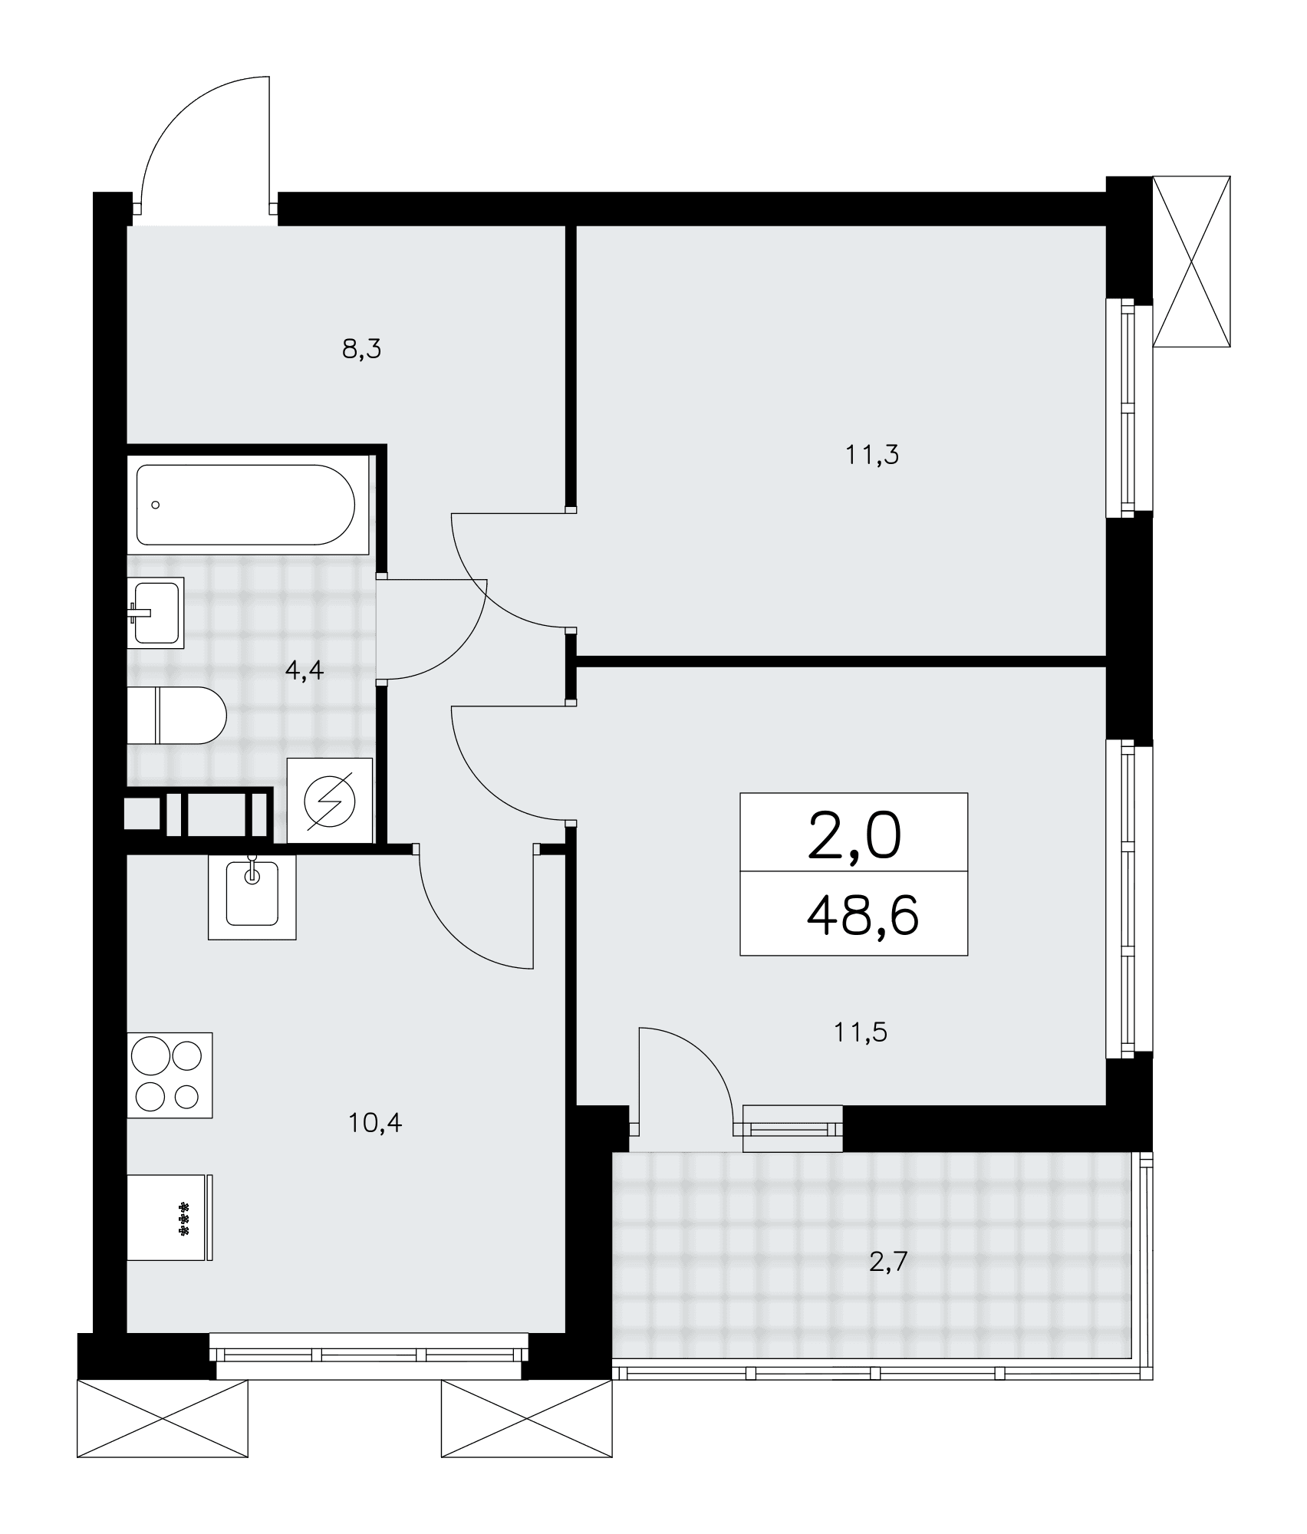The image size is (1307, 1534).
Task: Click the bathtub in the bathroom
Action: point(246,504)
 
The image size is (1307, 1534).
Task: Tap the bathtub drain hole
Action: point(156,505)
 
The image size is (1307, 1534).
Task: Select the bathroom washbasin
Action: point(156,612)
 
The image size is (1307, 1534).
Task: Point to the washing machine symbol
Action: point(330,800)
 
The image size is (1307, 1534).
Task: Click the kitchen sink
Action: point(252,896)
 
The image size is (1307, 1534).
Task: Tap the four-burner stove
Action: point(170,1075)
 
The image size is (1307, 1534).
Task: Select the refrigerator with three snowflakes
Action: point(170,1217)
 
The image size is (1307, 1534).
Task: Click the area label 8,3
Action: point(361,350)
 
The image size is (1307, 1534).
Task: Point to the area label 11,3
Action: point(871,456)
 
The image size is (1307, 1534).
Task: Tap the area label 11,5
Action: point(861,1033)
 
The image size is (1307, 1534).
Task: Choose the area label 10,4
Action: point(375,1124)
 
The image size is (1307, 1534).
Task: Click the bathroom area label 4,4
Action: point(305,671)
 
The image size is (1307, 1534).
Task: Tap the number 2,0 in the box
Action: point(854,837)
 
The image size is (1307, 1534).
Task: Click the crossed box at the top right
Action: point(1192,262)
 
